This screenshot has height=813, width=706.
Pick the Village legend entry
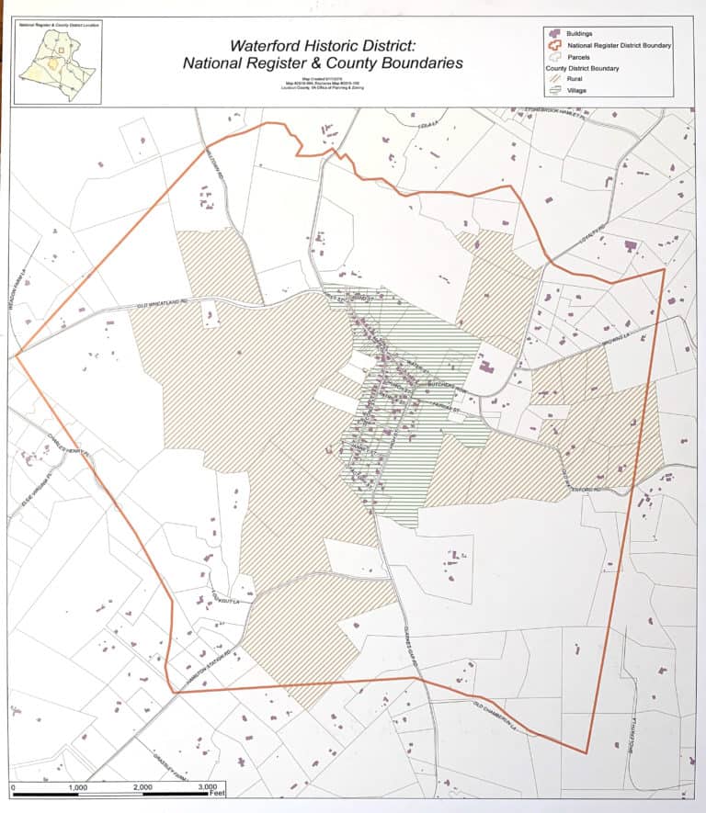pos(569,90)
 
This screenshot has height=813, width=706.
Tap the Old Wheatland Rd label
pos(161,305)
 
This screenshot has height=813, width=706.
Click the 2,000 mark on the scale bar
pos(142,788)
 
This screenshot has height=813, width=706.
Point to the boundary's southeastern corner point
pos(586,753)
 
